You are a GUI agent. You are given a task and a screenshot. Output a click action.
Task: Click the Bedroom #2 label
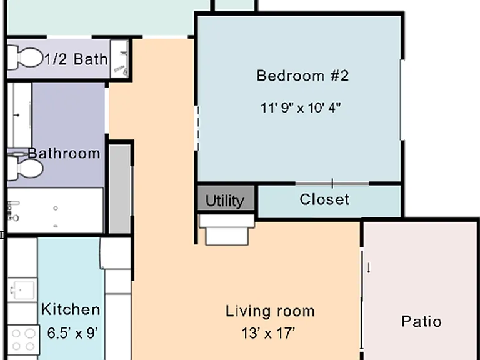(x=302, y=76)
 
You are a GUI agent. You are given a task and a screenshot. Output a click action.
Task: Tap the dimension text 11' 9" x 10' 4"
(x=301, y=107)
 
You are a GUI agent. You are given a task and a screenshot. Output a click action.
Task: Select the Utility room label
(x=225, y=201)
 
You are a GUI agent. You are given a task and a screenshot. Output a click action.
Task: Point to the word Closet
(x=324, y=199)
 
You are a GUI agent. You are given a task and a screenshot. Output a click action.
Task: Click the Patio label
(x=421, y=321)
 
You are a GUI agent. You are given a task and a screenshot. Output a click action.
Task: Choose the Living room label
(x=270, y=311)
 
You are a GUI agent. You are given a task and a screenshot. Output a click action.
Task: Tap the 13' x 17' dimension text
(x=268, y=333)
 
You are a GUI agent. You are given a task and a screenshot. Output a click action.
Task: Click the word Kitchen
(x=71, y=309)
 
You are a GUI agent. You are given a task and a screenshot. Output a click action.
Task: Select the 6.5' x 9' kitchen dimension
(x=72, y=333)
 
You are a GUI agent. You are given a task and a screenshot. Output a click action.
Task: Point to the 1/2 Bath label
(x=76, y=59)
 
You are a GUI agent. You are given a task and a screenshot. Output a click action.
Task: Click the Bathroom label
(x=64, y=153)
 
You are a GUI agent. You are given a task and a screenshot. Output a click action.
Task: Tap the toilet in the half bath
(x=24, y=57)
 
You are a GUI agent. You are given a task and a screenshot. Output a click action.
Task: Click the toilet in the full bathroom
(x=25, y=168)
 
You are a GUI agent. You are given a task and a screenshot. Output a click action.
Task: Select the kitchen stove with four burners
(x=23, y=340)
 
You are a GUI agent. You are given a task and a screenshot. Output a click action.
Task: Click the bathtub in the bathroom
(x=55, y=210)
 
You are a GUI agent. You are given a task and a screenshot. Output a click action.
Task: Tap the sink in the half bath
(x=120, y=59)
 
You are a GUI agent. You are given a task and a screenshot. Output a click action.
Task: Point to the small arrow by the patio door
(x=369, y=268)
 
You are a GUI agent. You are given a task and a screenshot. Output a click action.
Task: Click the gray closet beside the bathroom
(x=120, y=189)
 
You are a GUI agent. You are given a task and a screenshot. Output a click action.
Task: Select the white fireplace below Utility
(x=227, y=229)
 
